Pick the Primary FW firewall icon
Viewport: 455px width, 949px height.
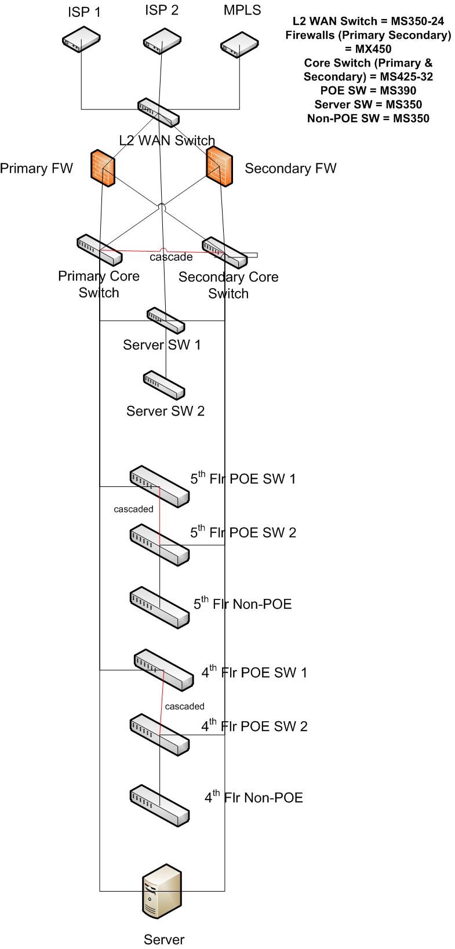click(103, 168)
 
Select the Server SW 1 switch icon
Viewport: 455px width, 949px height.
click(166, 319)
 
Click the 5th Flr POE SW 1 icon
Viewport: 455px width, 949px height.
click(159, 485)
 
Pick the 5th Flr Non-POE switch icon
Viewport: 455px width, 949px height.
click(159, 606)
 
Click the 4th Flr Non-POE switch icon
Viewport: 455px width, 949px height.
click(159, 803)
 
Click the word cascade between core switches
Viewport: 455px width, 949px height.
click(171, 257)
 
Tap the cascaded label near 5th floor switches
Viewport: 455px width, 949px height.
click(133, 509)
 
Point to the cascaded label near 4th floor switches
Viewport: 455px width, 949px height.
click(184, 706)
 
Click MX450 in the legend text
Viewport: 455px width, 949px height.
click(368, 49)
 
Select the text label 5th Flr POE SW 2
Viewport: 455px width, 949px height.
click(243, 532)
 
